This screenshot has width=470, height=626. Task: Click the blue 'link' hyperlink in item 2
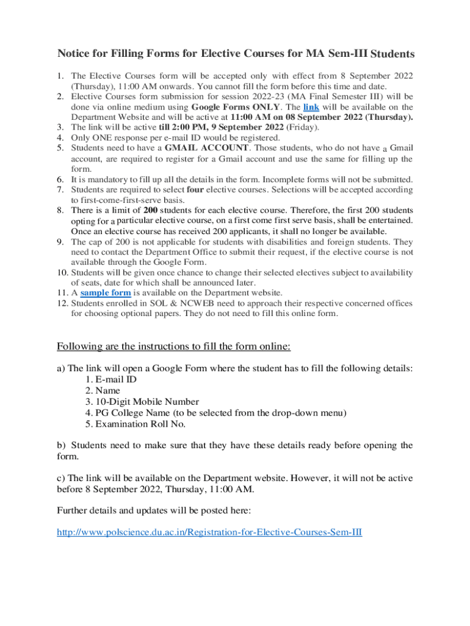point(311,106)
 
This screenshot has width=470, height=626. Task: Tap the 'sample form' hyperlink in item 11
point(106,293)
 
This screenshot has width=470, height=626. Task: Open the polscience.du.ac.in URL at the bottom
point(209,532)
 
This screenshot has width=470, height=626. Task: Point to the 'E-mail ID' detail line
point(111,379)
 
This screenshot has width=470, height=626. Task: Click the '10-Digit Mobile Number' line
point(142,402)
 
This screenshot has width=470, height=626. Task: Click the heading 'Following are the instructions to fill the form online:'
point(174,347)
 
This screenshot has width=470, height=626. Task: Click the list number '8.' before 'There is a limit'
point(61,210)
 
